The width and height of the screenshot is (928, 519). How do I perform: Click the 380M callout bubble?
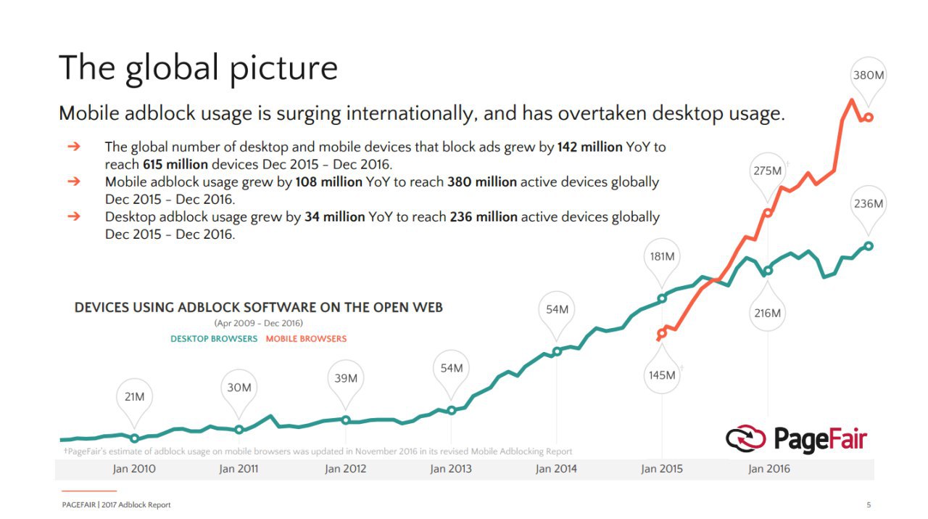pyautogui.click(x=868, y=75)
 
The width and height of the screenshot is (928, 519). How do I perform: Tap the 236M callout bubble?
pyautogui.click(x=868, y=203)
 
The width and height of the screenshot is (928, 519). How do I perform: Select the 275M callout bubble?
pyautogui.click(x=767, y=171)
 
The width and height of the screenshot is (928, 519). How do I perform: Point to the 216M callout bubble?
pyautogui.click(x=767, y=313)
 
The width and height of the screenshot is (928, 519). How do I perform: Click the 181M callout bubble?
pyautogui.click(x=661, y=256)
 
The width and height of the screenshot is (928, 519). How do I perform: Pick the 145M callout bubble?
pyautogui.click(x=661, y=375)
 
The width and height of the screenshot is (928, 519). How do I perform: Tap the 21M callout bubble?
pyautogui.click(x=134, y=397)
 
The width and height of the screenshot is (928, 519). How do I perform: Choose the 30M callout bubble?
pyautogui.click(x=239, y=388)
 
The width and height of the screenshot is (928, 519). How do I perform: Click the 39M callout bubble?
pyautogui.click(x=345, y=378)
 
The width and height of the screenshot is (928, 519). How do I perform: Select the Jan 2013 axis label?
pyautogui.click(x=450, y=469)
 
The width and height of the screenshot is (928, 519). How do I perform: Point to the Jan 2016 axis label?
pyautogui.click(x=768, y=469)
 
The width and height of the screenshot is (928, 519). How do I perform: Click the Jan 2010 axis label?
pyautogui.click(x=134, y=469)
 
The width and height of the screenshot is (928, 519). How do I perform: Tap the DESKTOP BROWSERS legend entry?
pyautogui.click(x=214, y=339)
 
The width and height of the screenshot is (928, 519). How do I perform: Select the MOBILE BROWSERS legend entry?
pyautogui.click(x=306, y=339)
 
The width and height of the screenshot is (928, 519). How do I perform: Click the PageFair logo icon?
pyautogui.click(x=745, y=438)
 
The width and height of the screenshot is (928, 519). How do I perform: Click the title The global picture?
pyautogui.click(x=198, y=68)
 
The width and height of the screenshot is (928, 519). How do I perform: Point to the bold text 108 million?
pyautogui.click(x=328, y=182)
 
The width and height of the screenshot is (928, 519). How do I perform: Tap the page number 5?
pyautogui.click(x=869, y=505)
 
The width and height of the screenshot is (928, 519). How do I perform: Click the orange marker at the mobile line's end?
pyautogui.click(x=869, y=117)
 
